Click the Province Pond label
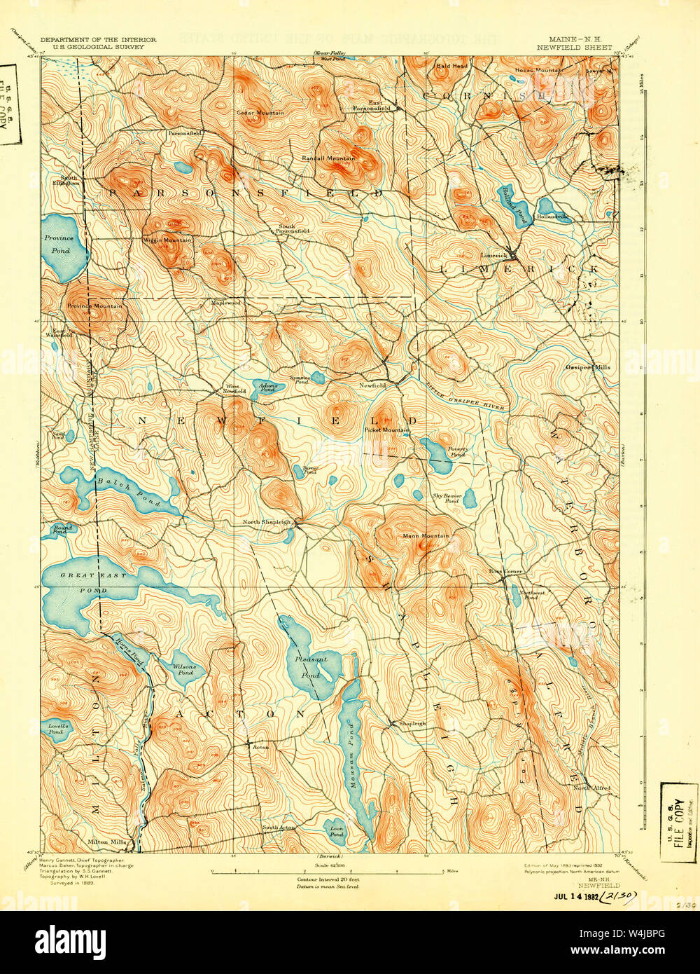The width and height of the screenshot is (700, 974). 59,243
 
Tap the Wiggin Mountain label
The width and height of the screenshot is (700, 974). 168,240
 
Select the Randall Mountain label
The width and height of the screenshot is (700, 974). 328,158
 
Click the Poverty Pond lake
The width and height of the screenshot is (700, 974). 437,457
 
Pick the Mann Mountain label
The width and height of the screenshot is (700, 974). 426,536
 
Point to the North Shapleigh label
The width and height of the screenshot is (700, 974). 266,522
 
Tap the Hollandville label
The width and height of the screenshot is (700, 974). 553,217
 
